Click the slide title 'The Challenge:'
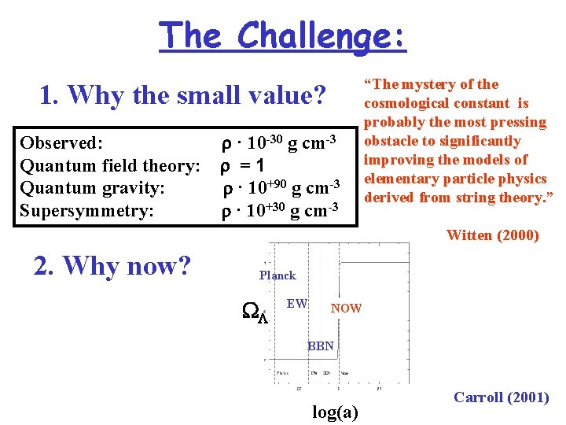coord(283,35)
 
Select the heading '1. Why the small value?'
coord(182,95)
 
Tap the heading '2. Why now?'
coord(112,266)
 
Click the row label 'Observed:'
coord(61,143)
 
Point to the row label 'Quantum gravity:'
coord(92,188)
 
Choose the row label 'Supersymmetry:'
coord(86,210)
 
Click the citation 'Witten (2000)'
coord(492,235)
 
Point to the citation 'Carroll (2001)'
coord(501,397)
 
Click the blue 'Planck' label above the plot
coord(277,275)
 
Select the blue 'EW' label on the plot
coord(296,303)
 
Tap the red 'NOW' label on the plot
coord(346,309)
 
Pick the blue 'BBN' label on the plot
coord(320,346)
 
